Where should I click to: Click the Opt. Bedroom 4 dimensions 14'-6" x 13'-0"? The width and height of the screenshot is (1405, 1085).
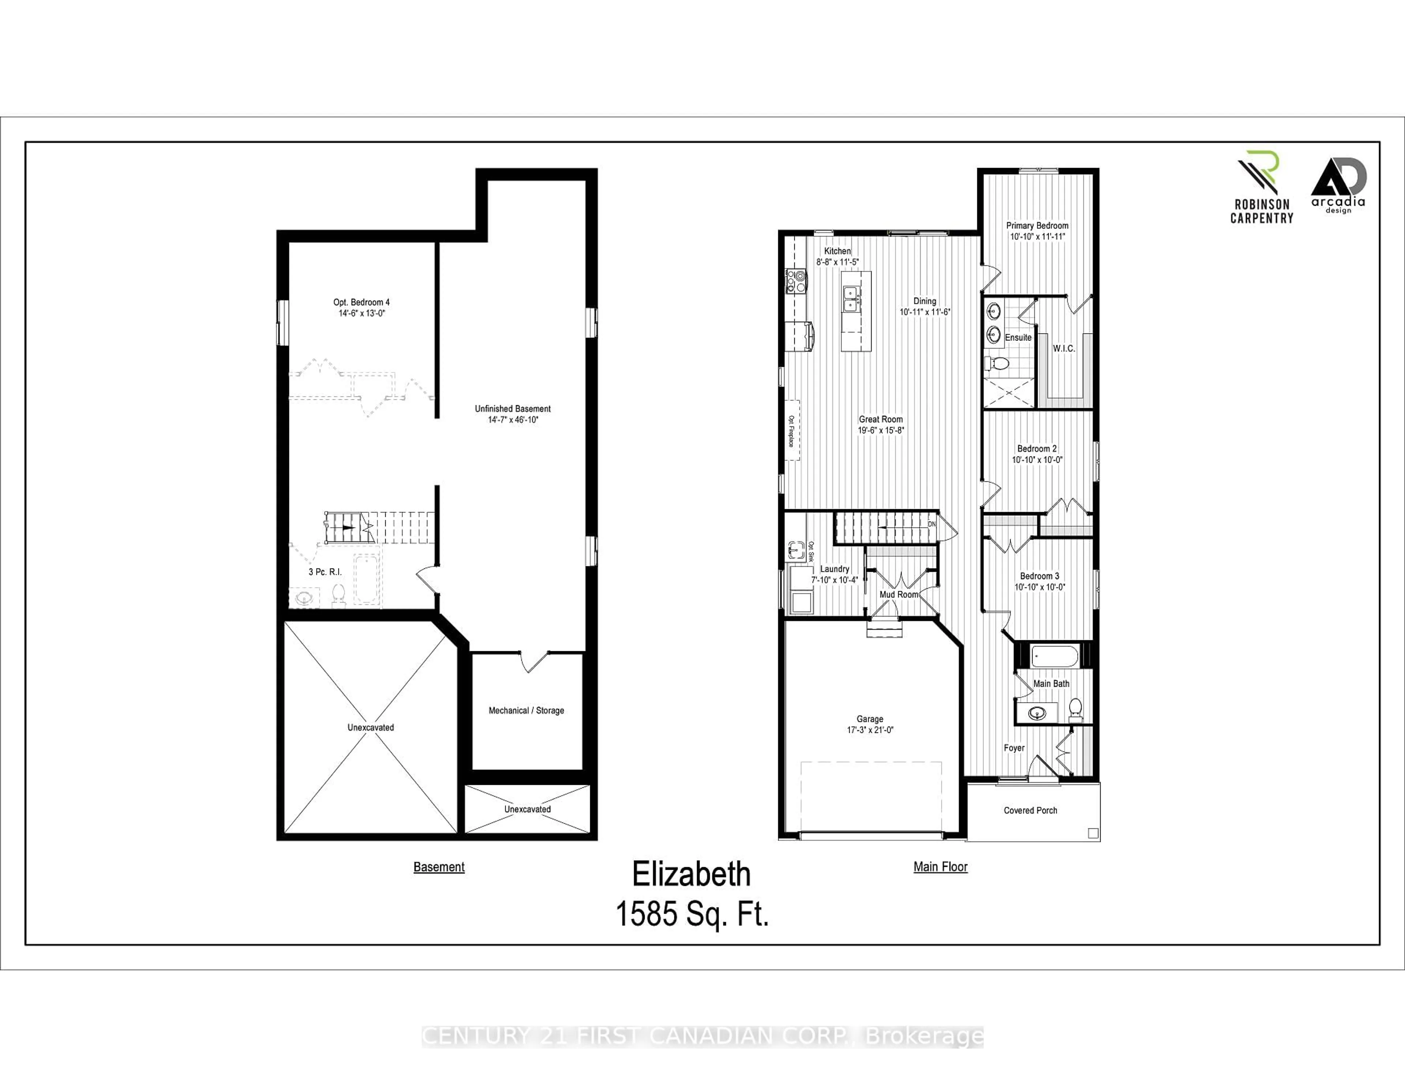coord(361,313)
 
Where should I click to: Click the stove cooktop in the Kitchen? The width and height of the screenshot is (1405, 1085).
coord(796,282)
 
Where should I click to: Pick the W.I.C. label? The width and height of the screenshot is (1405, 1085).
coord(1063,348)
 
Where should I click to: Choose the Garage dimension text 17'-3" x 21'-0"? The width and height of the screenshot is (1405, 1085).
coord(870,730)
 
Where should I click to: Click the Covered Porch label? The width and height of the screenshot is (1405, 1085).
coord(1030,810)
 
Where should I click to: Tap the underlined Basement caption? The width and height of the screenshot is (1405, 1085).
coord(439,867)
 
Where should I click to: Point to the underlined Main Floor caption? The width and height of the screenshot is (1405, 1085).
coord(940,867)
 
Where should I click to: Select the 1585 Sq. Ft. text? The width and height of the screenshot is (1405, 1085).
coord(692,913)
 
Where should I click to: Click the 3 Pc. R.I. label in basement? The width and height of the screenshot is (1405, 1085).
coord(325,571)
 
